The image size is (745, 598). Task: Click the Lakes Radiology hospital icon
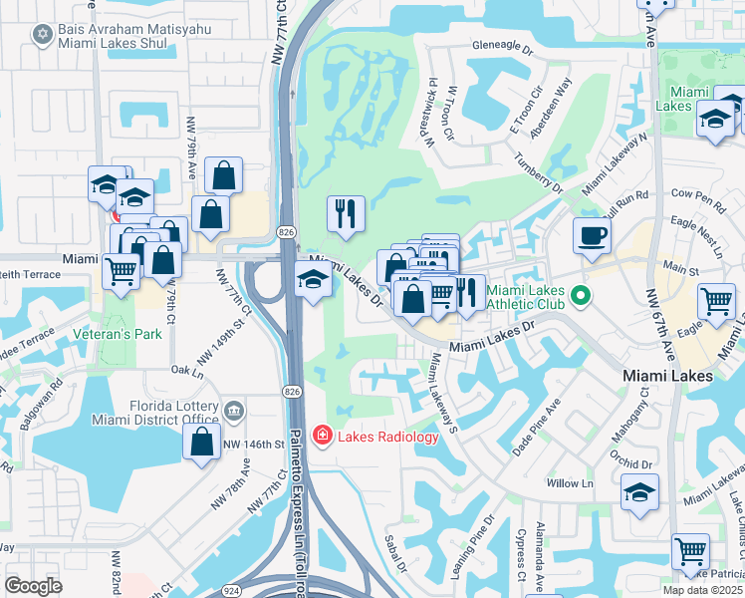322,436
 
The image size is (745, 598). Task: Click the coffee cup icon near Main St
592,236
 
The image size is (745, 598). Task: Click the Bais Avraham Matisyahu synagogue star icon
41,36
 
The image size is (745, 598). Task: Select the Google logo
33,585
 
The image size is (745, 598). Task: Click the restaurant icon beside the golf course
346,213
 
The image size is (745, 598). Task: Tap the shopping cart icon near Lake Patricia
690,550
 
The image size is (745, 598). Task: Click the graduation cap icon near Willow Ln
639,491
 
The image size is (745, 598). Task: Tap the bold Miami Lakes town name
667,376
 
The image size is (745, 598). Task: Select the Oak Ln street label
186,370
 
